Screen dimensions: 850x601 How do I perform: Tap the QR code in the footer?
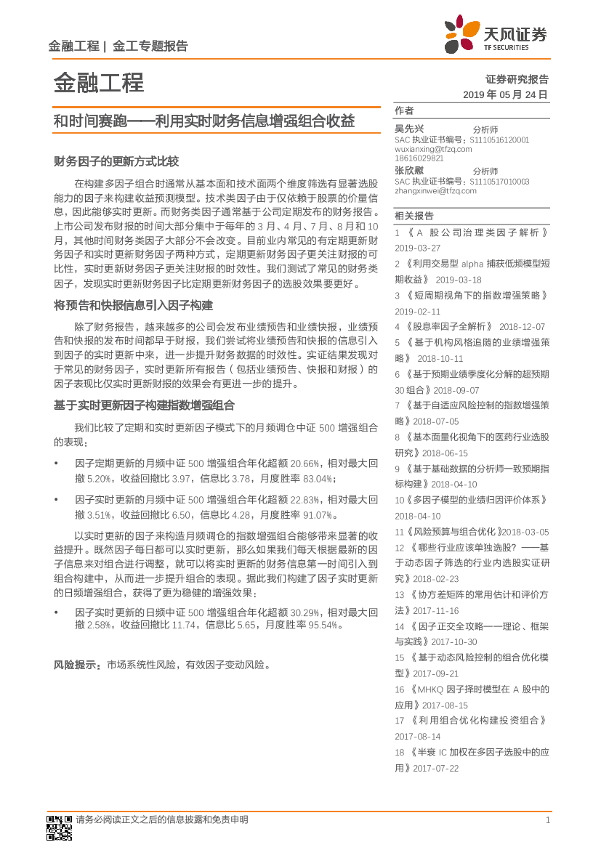(x=60, y=826)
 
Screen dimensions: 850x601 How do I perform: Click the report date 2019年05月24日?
(x=505, y=95)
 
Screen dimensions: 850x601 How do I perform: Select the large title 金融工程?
(x=99, y=83)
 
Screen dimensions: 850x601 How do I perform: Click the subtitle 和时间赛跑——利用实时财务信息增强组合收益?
(x=204, y=121)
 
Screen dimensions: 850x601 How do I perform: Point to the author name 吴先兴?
(x=409, y=128)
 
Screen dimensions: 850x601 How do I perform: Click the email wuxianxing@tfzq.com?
(x=433, y=149)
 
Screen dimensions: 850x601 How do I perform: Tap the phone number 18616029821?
(x=419, y=158)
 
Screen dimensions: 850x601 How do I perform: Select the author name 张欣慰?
(x=409, y=170)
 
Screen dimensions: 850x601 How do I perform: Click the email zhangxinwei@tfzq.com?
(x=435, y=191)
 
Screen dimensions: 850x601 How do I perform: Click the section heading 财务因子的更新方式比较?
(x=116, y=161)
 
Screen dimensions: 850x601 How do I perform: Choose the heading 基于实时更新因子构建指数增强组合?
(x=144, y=405)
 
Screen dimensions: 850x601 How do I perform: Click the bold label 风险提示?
(x=78, y=665)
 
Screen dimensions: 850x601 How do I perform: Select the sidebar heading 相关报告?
(x=414, y=216)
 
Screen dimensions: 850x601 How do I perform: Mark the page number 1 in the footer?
(x=547, y=820)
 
